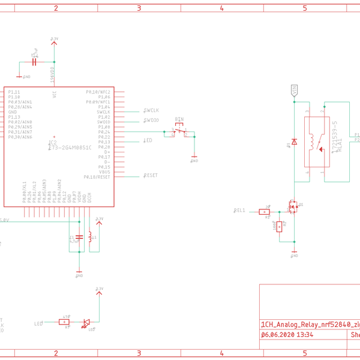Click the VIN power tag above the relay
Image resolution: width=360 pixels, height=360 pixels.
tap(294, 90)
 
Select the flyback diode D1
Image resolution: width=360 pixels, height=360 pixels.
tap(294, 142)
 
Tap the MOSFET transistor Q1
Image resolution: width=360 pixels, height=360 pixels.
tap(294, 207)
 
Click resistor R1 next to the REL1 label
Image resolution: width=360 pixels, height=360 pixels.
tap(264, 211)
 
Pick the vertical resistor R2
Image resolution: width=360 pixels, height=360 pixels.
tap(280, 226)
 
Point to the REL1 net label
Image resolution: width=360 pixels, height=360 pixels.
tap(239, 211)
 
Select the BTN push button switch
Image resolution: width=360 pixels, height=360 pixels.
tap(180, 130)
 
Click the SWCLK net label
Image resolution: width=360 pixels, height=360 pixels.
tap(151, 111)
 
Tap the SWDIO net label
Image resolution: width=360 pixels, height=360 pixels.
tap(151, 121)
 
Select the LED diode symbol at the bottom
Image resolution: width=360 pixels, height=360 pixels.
tap(86, 322)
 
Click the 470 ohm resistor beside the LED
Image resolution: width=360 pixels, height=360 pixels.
tap(65, 322)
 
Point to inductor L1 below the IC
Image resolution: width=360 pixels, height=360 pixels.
tap(90, 237)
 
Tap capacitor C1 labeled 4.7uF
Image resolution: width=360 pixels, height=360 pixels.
tap(79, 237)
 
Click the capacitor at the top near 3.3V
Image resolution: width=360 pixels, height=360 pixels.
tap(34, 62)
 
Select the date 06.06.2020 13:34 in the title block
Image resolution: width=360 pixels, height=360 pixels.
tap(287, 335)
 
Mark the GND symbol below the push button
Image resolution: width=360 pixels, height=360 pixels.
tap(194, 160)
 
